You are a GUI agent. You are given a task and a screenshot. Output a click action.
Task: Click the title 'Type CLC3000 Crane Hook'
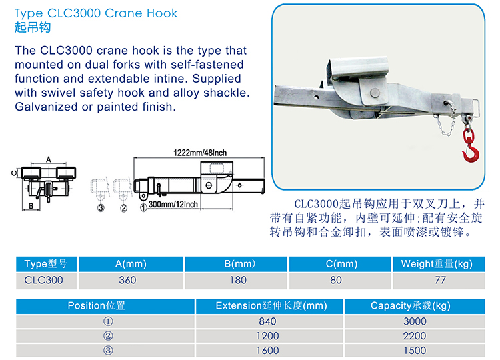96,13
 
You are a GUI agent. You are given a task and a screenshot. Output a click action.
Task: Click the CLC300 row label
44,280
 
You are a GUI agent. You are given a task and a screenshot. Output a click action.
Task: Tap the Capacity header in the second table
411,306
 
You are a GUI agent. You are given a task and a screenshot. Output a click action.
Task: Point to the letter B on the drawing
31,206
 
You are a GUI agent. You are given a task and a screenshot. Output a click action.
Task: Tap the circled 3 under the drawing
101,208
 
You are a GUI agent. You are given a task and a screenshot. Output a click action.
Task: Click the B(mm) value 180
238,280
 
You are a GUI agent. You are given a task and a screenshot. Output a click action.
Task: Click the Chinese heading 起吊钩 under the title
32,28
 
